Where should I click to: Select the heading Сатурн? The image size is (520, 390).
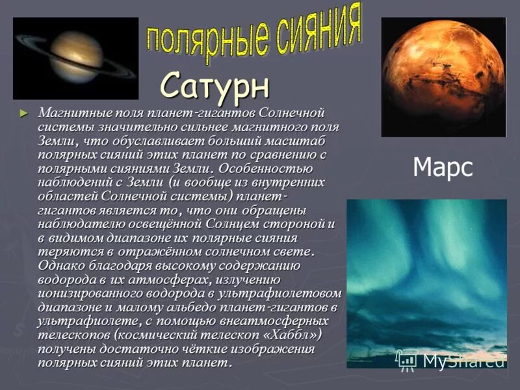point(214,85)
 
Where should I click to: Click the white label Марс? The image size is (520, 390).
point(443,168)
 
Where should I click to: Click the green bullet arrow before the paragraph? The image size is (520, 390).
point(25,113)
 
